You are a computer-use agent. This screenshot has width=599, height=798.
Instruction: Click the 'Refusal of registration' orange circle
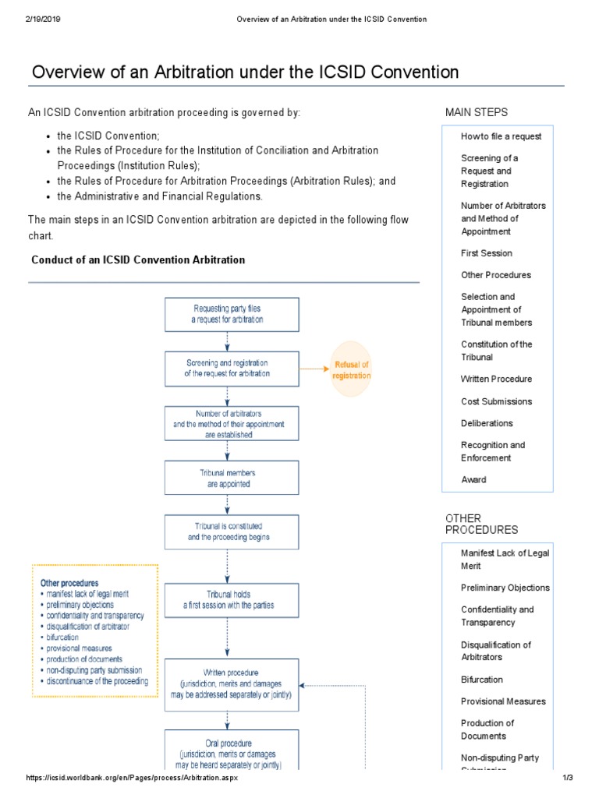point(351,369)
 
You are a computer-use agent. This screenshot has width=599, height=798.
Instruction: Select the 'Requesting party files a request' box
point(231,314)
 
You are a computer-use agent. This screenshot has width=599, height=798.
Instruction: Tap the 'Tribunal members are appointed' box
point(231,478)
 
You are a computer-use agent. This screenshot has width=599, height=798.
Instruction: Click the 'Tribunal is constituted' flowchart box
point(231,531)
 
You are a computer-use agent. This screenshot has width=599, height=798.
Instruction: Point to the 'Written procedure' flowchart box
point(231,683)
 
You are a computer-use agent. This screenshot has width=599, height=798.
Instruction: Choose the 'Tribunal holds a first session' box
point(231,599)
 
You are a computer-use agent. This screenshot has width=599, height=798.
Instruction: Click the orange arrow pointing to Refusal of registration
point(312,369)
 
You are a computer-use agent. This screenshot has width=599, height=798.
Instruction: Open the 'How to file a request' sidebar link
point(501,136)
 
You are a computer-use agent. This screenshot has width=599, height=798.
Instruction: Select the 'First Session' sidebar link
point(486,253)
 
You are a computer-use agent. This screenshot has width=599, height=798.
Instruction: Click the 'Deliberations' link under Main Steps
point(487,423)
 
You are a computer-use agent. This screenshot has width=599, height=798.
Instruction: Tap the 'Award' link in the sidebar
point(473,480)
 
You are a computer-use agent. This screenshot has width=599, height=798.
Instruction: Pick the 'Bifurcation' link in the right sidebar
point(481,680)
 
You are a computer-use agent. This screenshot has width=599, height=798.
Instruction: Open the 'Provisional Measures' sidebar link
point(503,701)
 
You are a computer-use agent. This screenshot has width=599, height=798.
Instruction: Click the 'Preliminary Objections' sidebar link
point(505,588)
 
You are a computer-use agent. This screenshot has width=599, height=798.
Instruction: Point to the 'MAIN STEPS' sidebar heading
point(476,113)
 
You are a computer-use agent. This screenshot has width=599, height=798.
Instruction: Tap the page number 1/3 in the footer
point(567,779)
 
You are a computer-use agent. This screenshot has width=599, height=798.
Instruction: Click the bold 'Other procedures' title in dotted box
point(69,583)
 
